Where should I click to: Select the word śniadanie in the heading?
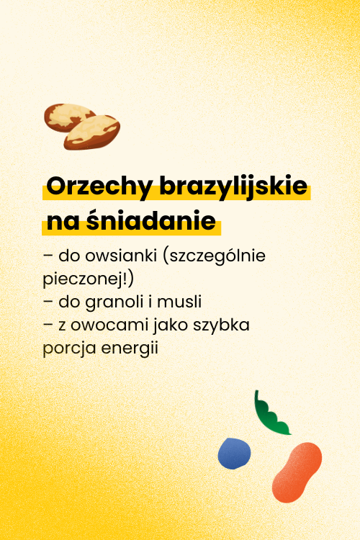(151, 220)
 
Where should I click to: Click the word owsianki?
(121, 256)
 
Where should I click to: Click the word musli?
(179, 302)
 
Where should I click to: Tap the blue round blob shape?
(234, 453)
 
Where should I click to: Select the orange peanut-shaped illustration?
(296, 472)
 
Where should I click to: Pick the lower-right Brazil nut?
(92, 132)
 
